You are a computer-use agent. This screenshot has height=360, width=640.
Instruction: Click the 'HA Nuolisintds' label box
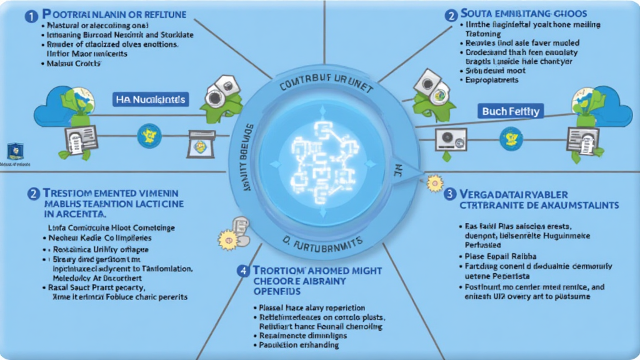[x=151, y=98]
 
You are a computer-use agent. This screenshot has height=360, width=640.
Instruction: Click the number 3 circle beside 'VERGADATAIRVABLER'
[x=449, y=194]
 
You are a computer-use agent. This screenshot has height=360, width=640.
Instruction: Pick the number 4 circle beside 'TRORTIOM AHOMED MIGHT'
[x=242, y=271]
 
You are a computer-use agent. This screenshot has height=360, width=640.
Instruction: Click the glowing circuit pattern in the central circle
[x=321, y=162]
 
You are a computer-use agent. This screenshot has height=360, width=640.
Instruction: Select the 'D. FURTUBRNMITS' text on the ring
[x=321, y=241]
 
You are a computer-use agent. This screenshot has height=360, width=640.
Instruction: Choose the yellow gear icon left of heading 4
[x=225, y=238]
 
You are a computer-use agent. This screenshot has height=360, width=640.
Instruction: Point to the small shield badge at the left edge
[x=15, y=151]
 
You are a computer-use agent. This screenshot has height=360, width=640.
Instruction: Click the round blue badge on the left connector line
[x=149, y=134]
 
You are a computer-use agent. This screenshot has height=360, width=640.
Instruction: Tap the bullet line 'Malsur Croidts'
[x=68, y=63]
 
